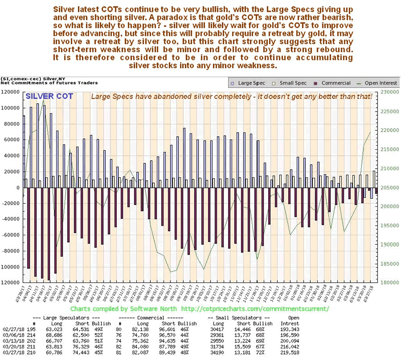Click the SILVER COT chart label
[x=49, y=96]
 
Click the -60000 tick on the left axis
[x=11, y=235]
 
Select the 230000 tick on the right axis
[x=390, y=92]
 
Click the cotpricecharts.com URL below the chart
[x=254, y=308]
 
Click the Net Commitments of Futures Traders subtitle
[x=49, y=83]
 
